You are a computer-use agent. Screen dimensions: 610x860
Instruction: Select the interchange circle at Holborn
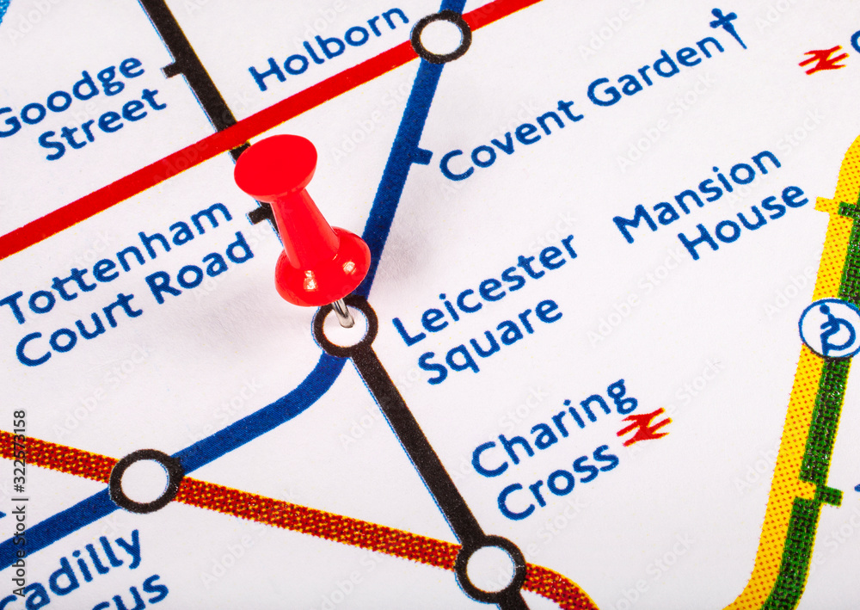click(x=441, y=36)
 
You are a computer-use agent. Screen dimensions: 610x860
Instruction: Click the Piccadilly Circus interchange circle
click(x=145, y=481)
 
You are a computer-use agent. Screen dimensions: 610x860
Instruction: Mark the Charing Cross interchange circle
click(x=490, y=569)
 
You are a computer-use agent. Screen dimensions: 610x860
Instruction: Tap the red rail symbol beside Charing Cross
click(x=643, y=426)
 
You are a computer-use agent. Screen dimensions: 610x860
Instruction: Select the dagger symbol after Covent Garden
click(x=728, y=26)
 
